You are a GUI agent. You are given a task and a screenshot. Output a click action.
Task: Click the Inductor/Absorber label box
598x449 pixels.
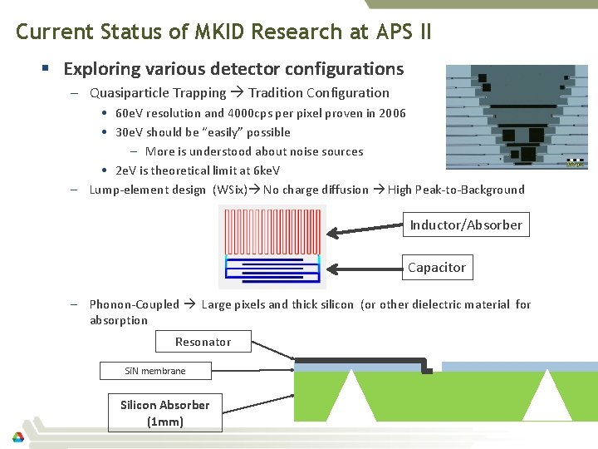[x=466, y=224]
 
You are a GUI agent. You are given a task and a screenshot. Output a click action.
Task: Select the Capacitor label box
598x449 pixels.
[x=436, y=267]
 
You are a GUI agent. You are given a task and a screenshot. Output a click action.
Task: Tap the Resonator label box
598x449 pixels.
[x=203, y=342]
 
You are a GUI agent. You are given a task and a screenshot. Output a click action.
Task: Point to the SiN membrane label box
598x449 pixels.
[x=154, y=371]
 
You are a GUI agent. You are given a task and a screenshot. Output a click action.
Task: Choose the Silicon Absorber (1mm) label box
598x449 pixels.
[x=164, y=412]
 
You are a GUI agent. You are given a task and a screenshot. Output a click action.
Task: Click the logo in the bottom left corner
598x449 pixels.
[x=17, y=437]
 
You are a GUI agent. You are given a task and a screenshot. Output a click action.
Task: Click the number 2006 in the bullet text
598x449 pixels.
[x=392, y=113]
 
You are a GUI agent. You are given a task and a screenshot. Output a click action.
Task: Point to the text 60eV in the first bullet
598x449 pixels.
[x=131, y=113]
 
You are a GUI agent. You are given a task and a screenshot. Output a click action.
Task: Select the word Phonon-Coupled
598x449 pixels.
[x=134, y=304]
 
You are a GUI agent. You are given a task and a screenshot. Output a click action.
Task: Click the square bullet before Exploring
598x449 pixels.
[x=52, y=69]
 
